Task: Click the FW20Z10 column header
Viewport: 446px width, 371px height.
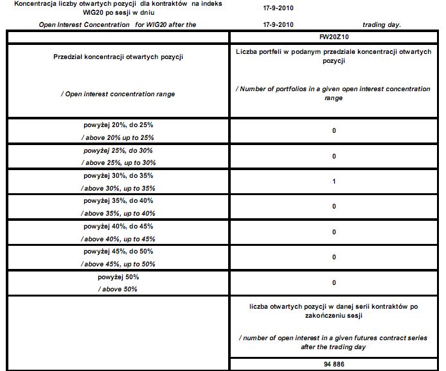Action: [x=334, y=38]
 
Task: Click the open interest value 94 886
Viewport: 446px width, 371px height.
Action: [x=334, y=364]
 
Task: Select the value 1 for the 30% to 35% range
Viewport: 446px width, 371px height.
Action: [x=334, y=182]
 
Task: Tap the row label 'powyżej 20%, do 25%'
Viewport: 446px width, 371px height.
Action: [x=118, y=125]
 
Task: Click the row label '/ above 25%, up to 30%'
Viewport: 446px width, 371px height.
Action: [x=118, y=162]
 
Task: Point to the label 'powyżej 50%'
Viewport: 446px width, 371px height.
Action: [x=118, y=277]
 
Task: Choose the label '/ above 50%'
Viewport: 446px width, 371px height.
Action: [x=118, y=289]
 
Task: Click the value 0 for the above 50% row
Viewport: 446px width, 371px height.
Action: [x=334, y=282]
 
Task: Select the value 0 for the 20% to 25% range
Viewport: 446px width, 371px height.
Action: [x=334, y=131]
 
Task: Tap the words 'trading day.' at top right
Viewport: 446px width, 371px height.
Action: [x=382, y=24]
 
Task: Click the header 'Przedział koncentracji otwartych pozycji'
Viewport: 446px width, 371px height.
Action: [x=118, y=57]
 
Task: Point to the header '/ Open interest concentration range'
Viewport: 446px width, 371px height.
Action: [x=118, y=94]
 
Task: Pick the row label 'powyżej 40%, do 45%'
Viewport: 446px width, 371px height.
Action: [x=118, y=226]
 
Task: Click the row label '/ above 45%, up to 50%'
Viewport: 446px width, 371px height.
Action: [x=118, y=264]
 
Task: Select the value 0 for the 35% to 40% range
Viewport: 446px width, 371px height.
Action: [x=334, y=207]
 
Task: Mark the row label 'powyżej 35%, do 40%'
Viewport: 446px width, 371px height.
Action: [x=118, y=201]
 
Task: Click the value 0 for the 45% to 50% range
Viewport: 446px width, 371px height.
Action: [x=334, y=257]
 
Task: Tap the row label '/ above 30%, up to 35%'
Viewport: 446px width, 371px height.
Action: [x=118, y=188]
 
